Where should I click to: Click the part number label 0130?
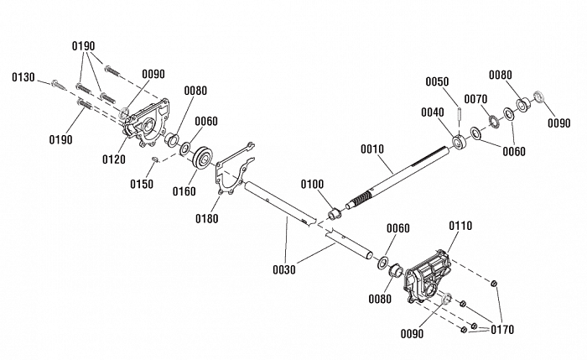[23, 77]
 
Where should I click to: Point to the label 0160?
[184, 191]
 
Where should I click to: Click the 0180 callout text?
[206, 219]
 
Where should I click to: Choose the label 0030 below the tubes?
[286, 269]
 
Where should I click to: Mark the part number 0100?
[313, 183]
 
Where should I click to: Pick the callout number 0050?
[438, 81]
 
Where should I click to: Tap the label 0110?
[461, 226]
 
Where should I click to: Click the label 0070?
[476, 99]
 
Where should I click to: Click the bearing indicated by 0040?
[460, 140]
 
